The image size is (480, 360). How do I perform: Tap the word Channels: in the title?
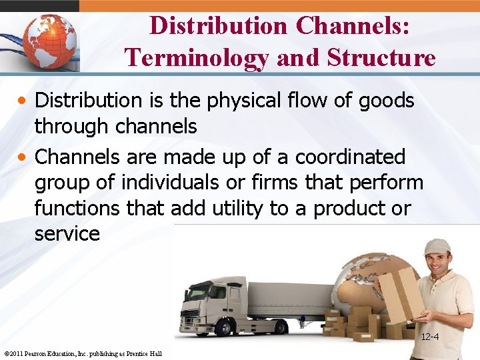click(x=353, y=25)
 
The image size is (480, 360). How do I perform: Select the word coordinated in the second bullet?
click(x=350, y=157)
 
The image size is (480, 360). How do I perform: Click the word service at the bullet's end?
click(x=67, y=233)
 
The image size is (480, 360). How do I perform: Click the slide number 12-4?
click(x=429, y=337)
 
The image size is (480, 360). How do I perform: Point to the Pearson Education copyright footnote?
click(x=83, y=353)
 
